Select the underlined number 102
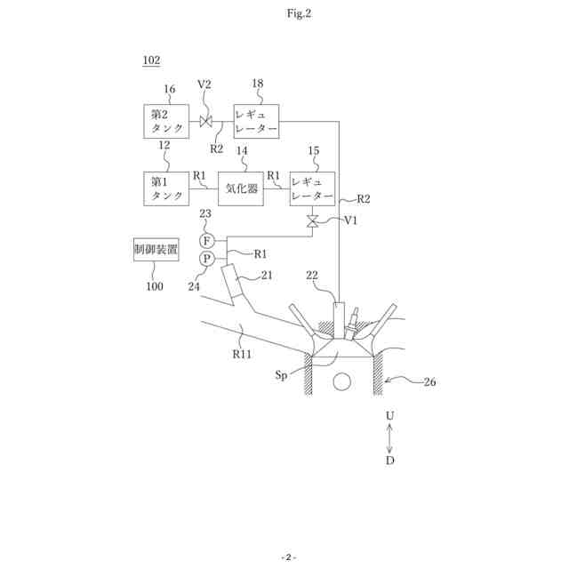click(x=151, y=60)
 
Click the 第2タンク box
click(x=167, y=121)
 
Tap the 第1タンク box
click(x=167, y=188)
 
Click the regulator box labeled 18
click(x=256, y=121)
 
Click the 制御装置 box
click(x=155, y=250)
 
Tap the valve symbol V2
click(x=206, y=121)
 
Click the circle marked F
click(x=206, y=241)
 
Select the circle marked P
click(x=206, y=259)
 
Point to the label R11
click(x=242, y=353)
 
